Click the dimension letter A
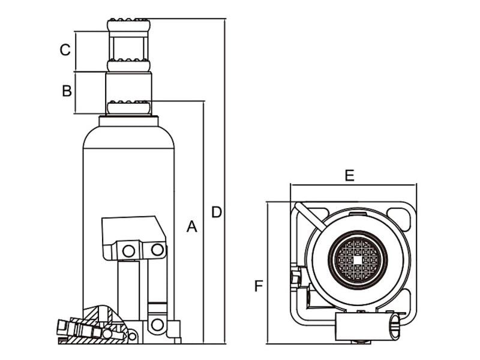point(191,226)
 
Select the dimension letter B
point(67,91)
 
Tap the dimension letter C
point(65,50)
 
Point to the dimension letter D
point(217,212)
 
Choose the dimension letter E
point(349,175)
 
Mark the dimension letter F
point(258,286)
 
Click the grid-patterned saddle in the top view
point(358,259)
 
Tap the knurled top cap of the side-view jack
point(128,25)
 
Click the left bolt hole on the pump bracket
point(128,251)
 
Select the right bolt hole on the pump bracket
point(157,249)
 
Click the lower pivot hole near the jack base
point(157,325)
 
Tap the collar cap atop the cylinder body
point(128,121)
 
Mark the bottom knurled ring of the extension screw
point(128,108)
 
